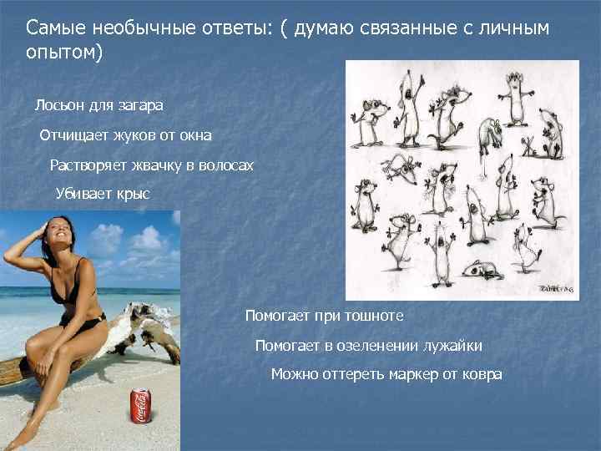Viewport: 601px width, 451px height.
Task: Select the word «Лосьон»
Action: tap(57, 106)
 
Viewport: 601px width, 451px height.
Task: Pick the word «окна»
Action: tap(194, 135)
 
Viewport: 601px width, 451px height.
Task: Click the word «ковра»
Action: tap(482, 374)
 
